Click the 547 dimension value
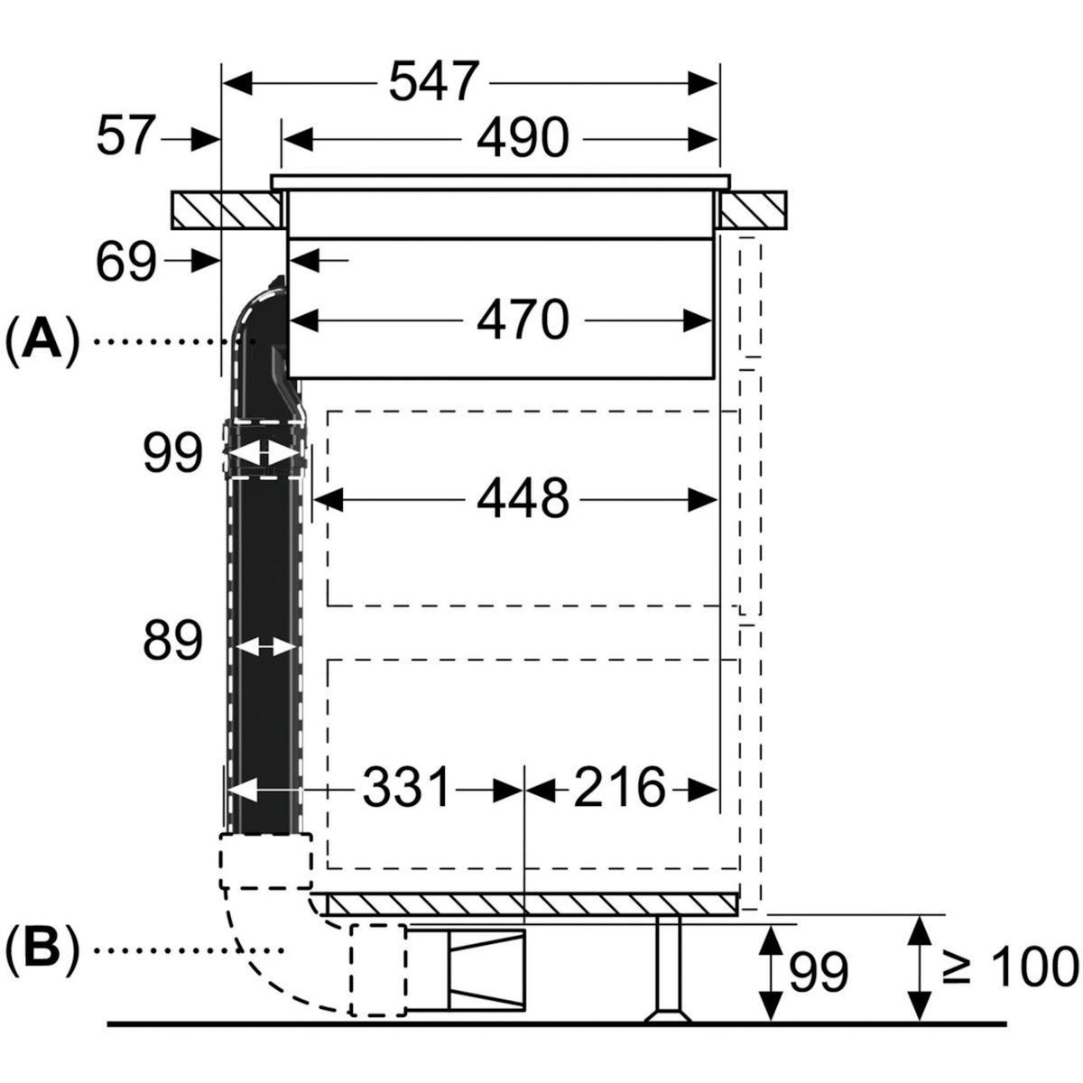(432, 84)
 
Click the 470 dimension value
(523, 319)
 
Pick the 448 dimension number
(523, 497)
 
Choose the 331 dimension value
(406, 788)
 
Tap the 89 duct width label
(171, 643)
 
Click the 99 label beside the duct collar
(171, 454)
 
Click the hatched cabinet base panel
(532, 904)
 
